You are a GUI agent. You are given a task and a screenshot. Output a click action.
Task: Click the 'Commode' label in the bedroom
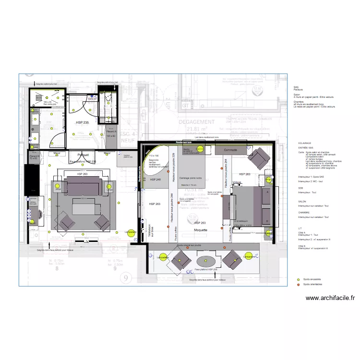tap(233, 150)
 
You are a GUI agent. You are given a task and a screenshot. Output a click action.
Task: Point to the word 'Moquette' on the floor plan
tap(201, 230)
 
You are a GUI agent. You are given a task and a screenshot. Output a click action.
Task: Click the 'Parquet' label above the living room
tap(83, 155)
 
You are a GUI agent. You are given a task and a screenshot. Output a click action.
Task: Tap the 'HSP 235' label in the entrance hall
tap(83, 123)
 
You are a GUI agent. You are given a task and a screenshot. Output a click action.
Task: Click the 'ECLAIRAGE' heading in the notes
tap(305, 143)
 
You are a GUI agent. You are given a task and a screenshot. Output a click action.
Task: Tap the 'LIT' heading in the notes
tap(300, 228)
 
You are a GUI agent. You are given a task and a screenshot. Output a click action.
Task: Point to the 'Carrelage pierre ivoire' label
tap(191, 178)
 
